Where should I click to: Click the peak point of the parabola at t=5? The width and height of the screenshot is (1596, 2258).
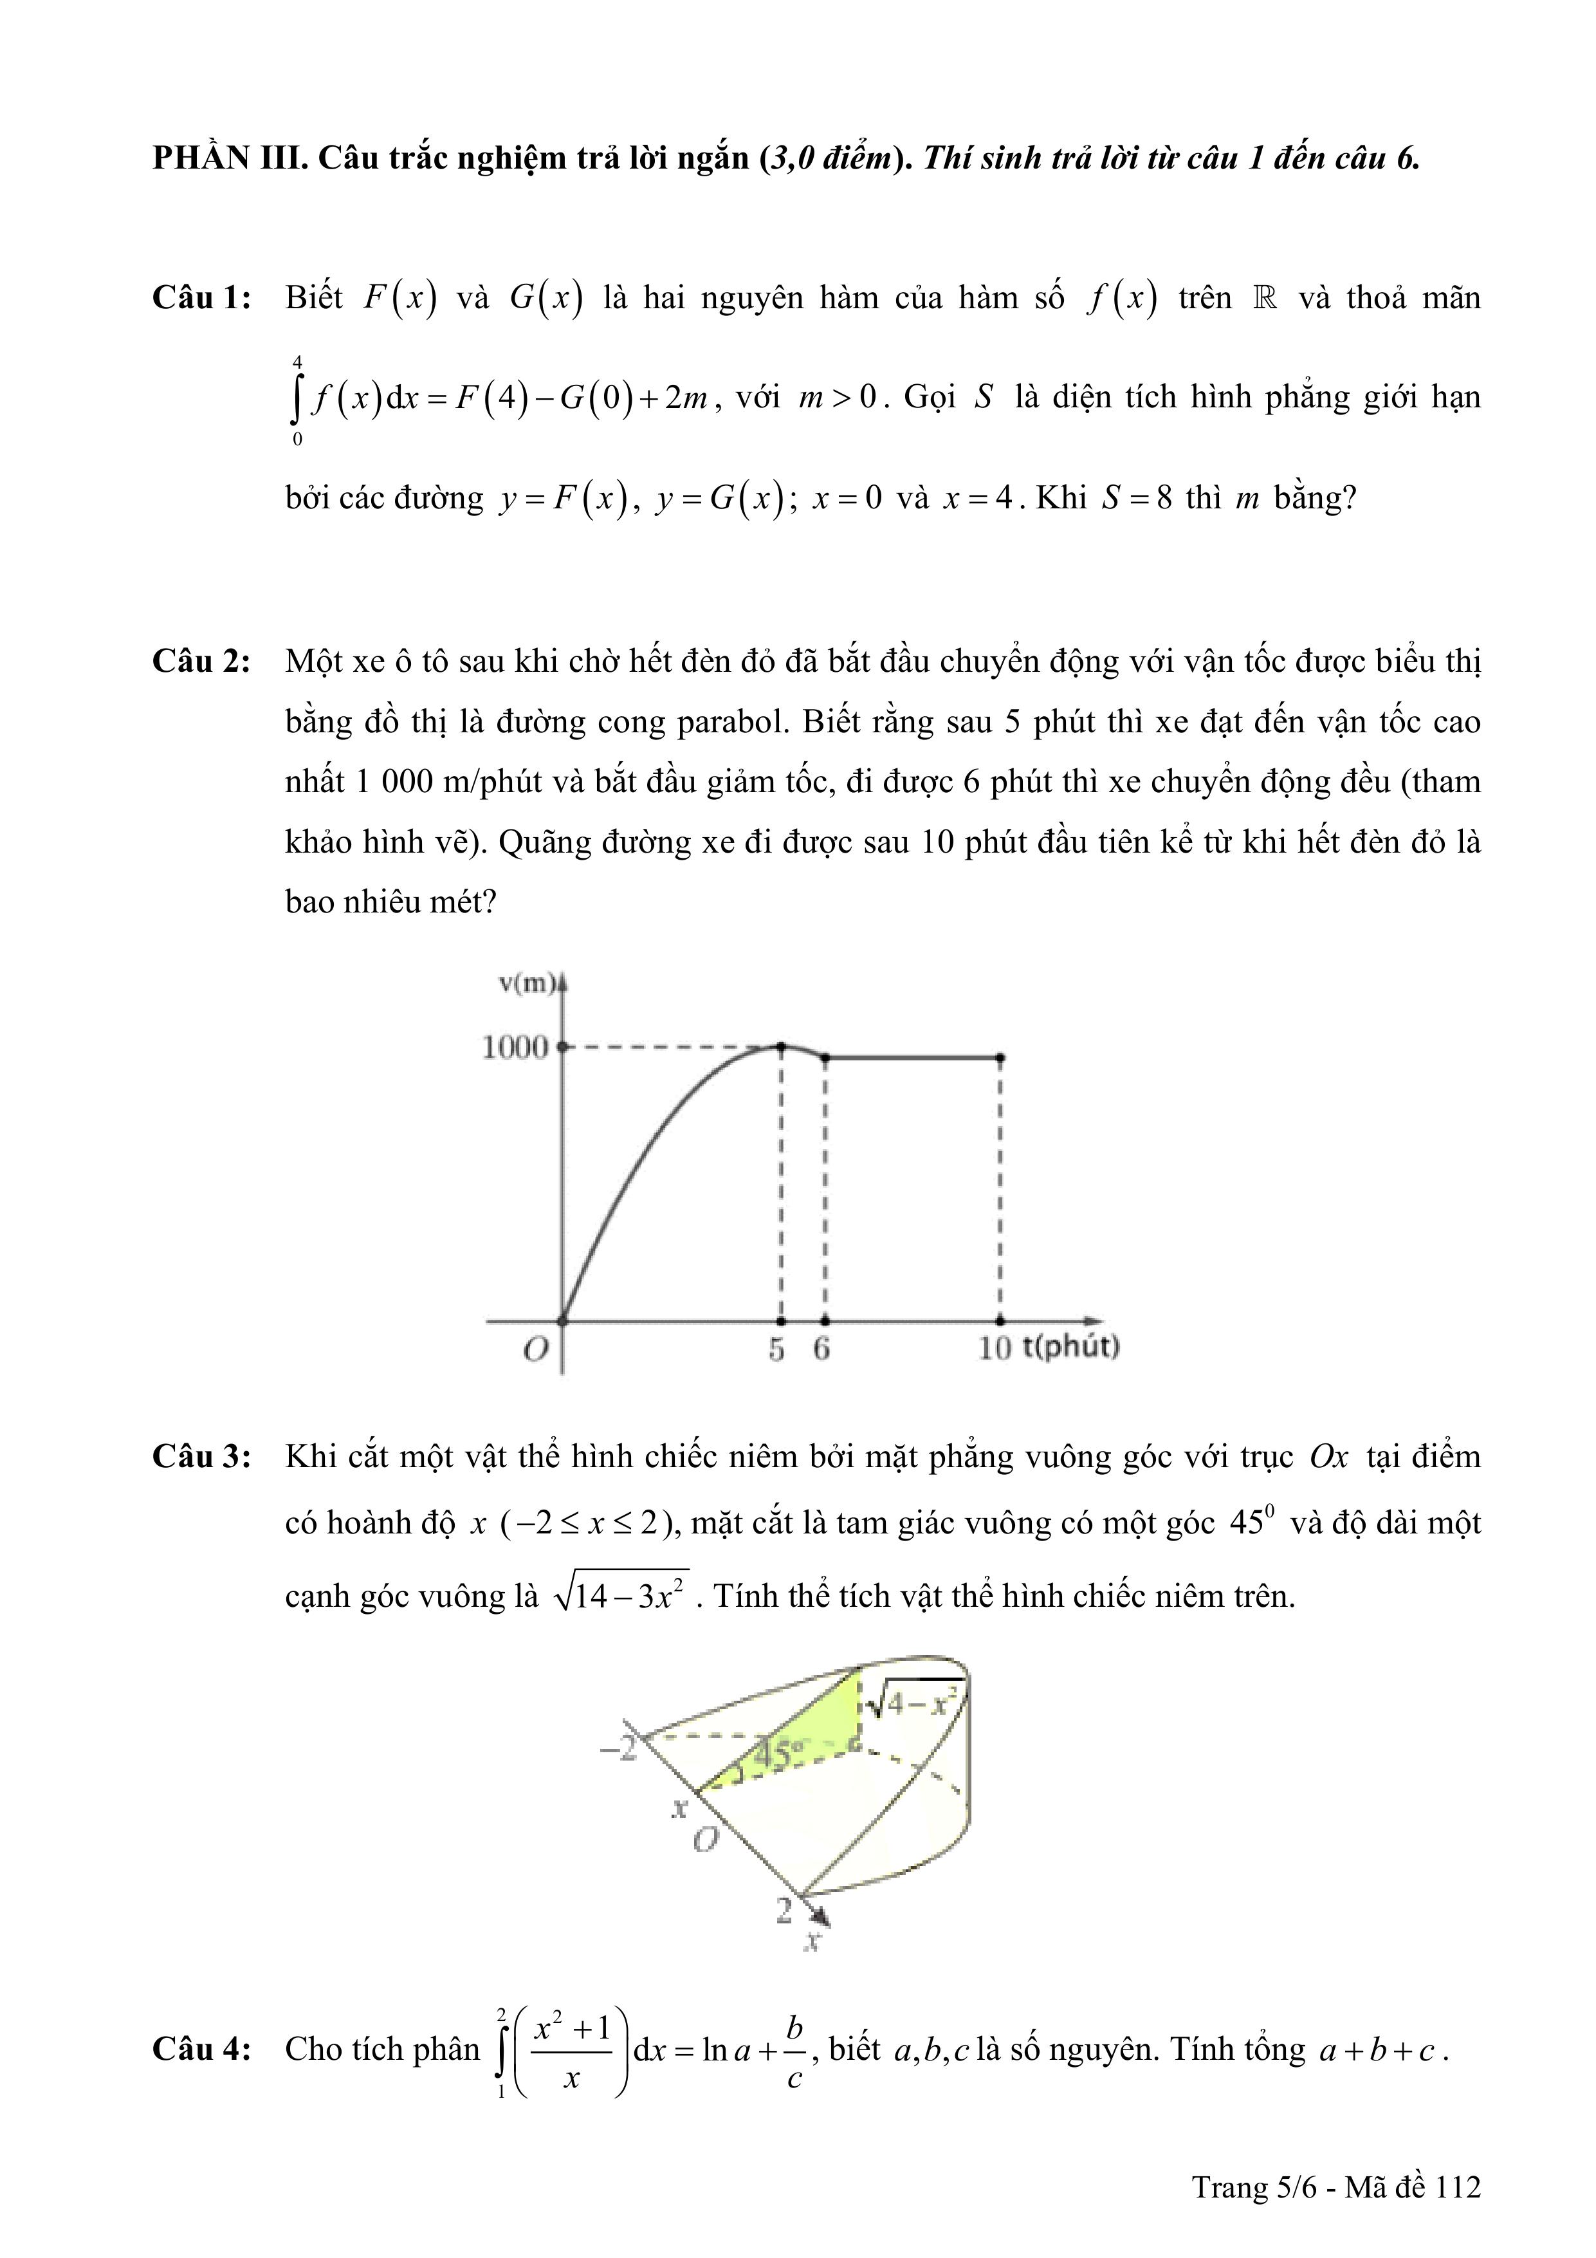coord(781,1046)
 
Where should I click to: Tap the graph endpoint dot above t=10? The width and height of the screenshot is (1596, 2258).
coord(1000,1058)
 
